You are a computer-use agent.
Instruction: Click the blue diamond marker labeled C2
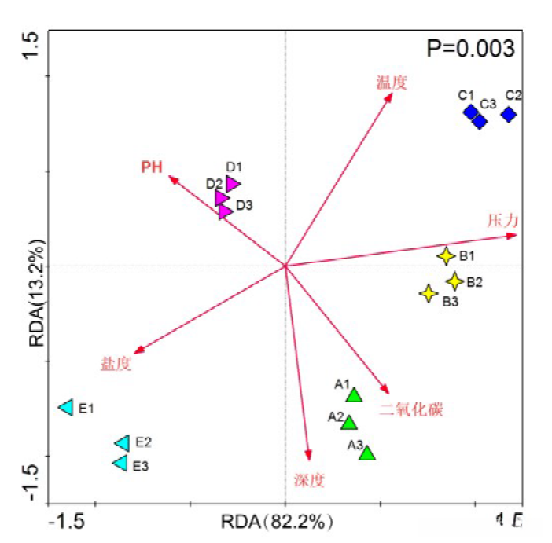509,115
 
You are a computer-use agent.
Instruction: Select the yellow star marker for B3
428,294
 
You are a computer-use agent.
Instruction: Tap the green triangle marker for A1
354,395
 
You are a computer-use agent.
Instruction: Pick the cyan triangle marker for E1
67,407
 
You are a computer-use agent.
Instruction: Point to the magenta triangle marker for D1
232,183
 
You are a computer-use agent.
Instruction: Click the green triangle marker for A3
367,453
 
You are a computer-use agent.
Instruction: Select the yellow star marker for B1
446,256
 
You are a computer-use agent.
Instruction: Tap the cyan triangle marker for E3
120,463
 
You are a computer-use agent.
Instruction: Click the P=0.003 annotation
470,49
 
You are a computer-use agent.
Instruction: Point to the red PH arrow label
152,167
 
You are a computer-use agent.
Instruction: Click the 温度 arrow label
392,82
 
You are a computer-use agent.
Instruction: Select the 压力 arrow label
502,220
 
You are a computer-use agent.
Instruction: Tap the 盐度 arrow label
116,364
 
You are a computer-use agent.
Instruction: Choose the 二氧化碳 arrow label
411,409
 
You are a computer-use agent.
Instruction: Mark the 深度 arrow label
309,480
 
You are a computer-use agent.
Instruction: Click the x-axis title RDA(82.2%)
277,522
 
